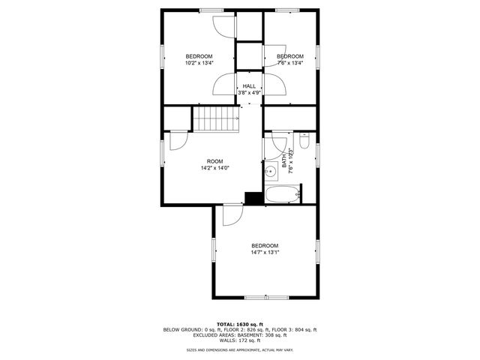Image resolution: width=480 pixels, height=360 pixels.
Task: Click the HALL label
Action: [x=249, y=86]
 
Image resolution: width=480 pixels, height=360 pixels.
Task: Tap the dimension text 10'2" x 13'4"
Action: [x=199, y=63]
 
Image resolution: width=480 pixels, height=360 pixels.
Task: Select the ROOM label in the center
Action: [x=215, y=161]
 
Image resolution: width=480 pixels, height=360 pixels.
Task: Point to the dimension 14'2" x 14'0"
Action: [x=215, y=168]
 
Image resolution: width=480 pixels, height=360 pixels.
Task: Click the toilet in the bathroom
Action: [x=304, y=141]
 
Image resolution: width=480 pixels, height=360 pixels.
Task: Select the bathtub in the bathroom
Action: [x=283, y=196]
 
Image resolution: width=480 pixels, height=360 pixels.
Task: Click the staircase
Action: [x=216, y=118]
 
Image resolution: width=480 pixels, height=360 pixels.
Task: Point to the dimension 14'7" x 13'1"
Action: [x=265, y=253]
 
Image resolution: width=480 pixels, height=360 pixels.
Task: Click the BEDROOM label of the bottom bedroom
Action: [x=265, y=246]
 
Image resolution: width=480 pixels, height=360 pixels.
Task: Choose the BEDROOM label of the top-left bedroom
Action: [x=199, y=56]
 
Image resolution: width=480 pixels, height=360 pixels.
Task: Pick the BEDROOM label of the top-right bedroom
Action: [x=290, y=56]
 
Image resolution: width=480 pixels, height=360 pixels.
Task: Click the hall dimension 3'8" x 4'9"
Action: [x=249, y=93]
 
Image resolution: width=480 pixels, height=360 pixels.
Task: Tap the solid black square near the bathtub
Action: [x=253, y=198]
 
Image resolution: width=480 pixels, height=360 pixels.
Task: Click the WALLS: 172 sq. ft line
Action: [x=239, y=340]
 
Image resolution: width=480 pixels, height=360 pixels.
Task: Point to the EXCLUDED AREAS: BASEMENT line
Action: [x=239, y=334]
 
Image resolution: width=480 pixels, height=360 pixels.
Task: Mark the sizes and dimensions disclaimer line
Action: [x=239, y=349]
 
